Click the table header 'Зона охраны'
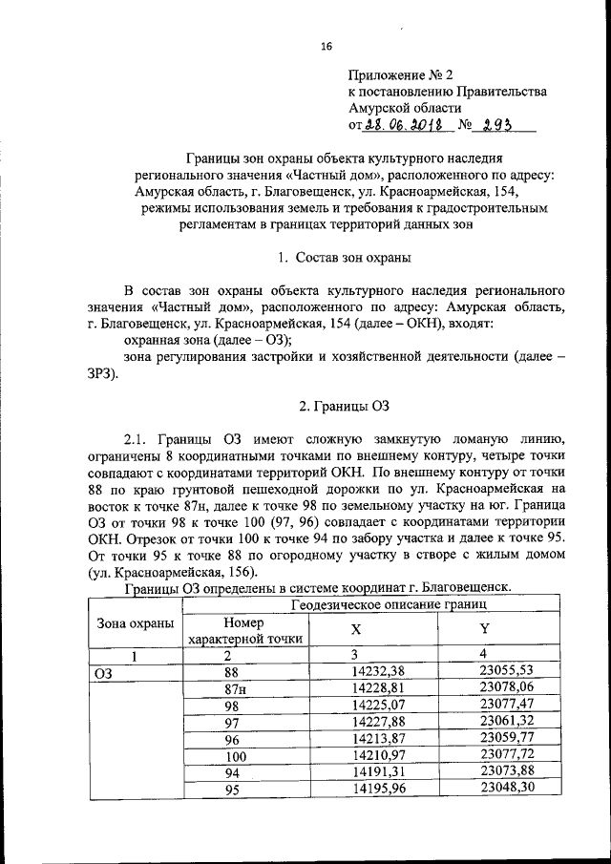pyautogui.click(x=136, y=623)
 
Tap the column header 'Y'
pyautogui.click(x=484, y=631)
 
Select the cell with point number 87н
pyautogui.click(x=230, y=688)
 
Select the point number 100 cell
pyautogui.click(x=230, y=755)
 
